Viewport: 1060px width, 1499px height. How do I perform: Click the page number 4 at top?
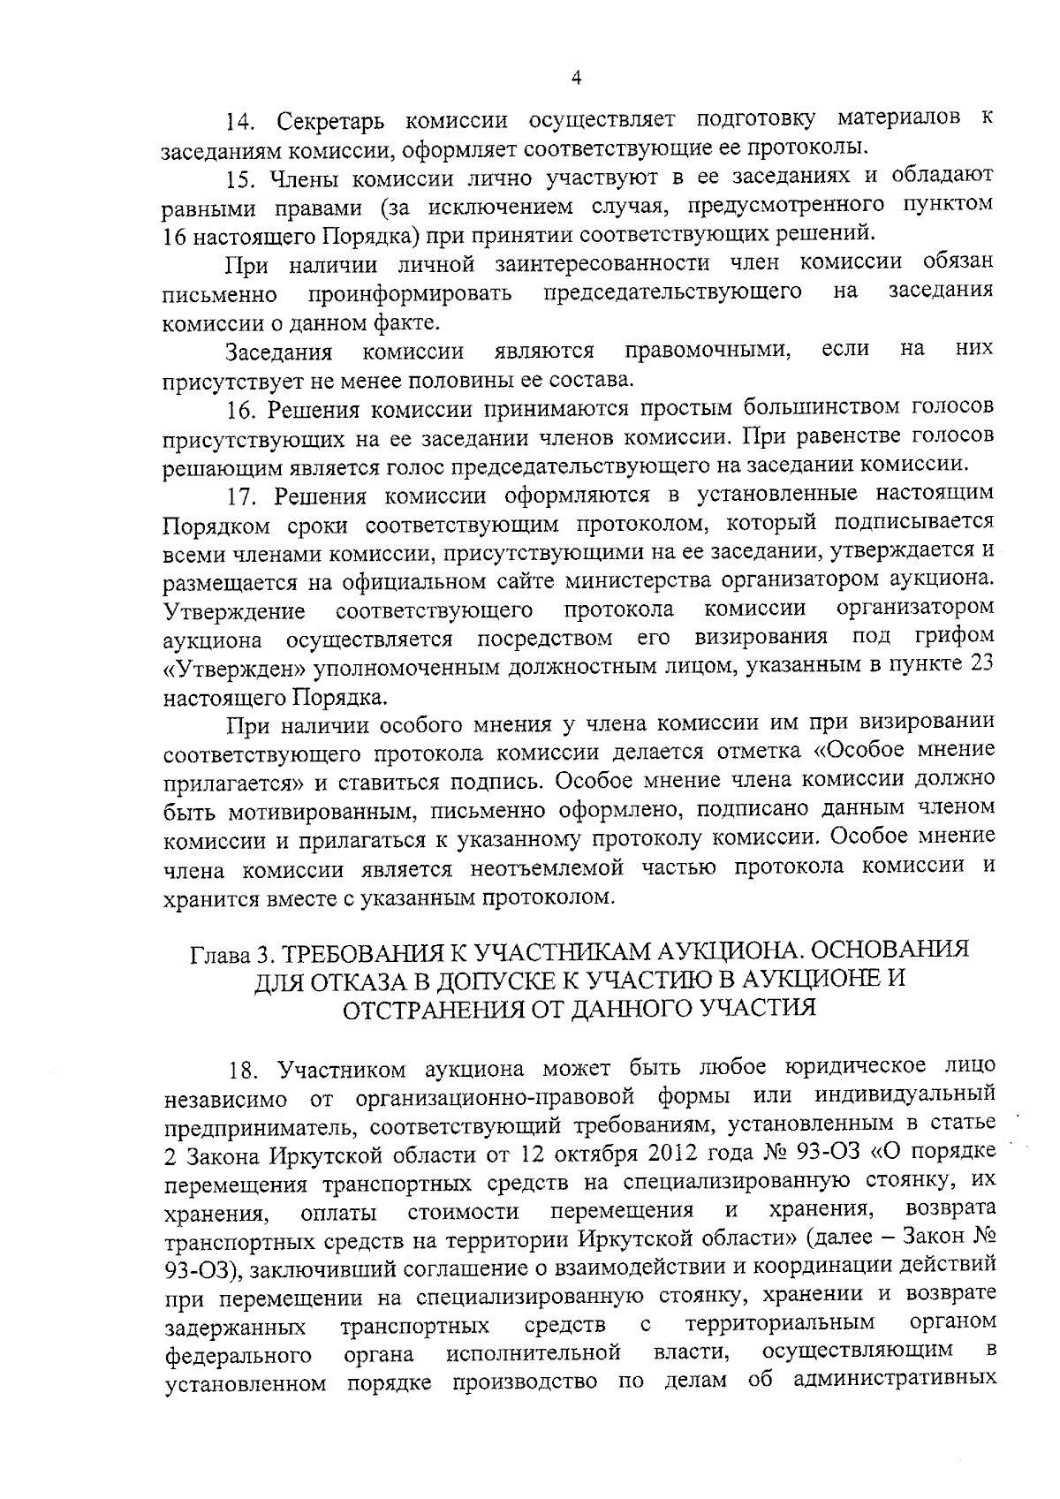click(x=576, y=78)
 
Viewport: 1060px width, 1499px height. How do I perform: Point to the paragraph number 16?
click(x=241, y=409)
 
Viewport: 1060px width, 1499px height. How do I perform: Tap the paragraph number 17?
click(x=243, y=496)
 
